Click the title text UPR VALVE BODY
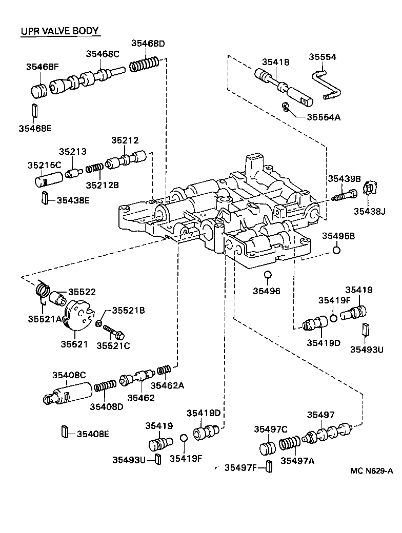click(59, 31)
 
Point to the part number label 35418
click(276, 62)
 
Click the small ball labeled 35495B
click(336, 251)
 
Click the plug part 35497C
click(268, 448)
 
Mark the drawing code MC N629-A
click(372, 470)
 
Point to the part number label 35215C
click(44, 165)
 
